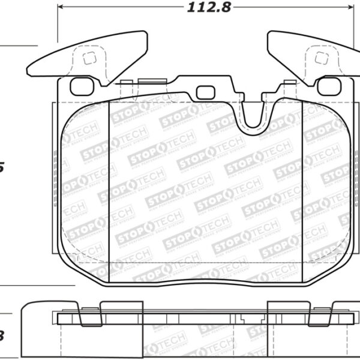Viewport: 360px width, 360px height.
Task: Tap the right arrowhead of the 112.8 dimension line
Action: point(350,8)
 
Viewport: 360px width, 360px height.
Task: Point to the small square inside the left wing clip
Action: point(88,59)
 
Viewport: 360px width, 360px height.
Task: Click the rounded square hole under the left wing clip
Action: point(80,86)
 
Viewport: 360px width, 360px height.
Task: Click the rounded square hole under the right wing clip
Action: point(329,86)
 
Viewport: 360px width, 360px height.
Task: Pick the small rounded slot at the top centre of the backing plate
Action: point(205,92)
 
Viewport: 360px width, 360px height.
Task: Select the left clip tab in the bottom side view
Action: point(90,314)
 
